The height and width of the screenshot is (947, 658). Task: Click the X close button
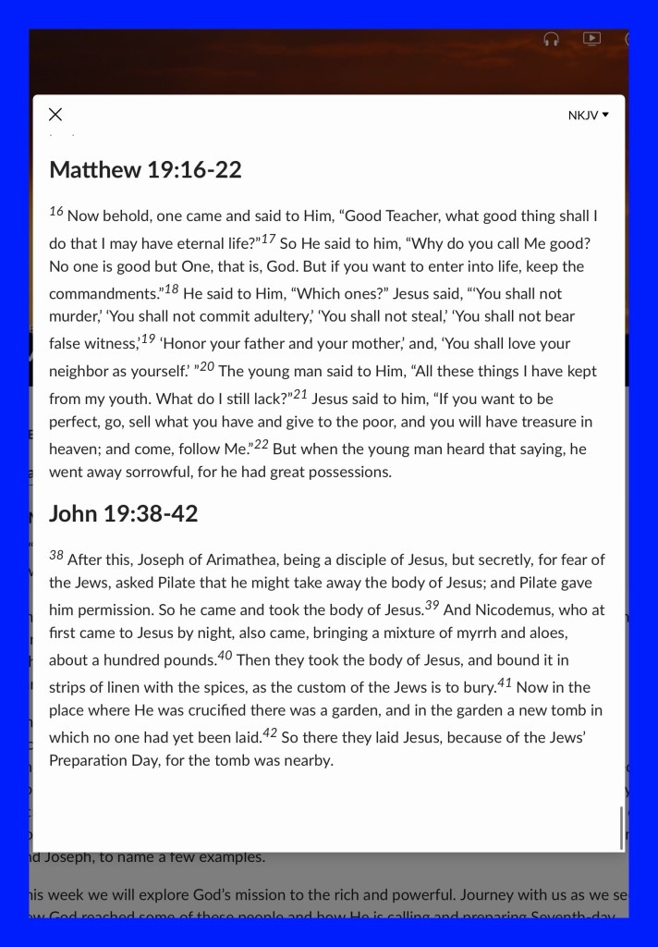55,115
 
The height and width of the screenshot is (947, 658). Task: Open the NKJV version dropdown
589,116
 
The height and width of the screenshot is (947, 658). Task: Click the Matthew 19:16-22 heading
146,169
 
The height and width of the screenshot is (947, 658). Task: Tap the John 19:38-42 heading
123,513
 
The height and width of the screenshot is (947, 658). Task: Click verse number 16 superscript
55,212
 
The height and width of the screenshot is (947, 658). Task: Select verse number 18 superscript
171,289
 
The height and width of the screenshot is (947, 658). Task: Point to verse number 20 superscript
207,366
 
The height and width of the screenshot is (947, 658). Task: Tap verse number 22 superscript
261,445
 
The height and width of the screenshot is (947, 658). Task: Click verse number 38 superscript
55,555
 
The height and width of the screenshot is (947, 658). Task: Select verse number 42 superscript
269,732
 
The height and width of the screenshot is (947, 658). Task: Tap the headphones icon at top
552,39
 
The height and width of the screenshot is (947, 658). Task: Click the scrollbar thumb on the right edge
621,827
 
